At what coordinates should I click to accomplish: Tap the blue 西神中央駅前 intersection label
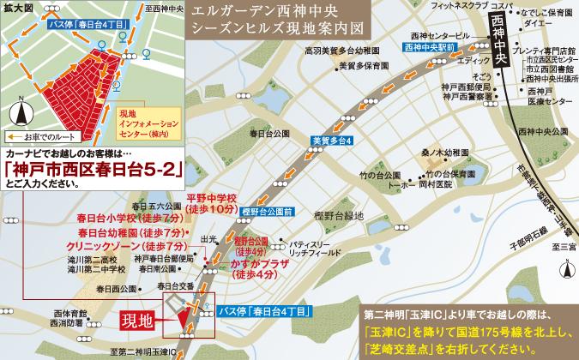coord(429,50)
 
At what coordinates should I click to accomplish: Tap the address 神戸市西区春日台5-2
coord(93,170)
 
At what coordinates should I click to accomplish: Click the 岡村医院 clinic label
coord(437,183)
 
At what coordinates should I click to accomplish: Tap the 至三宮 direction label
coord(564,247)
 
